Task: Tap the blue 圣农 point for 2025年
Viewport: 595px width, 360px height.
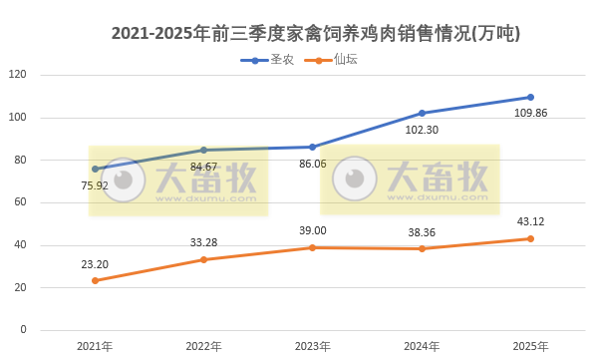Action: tap(530, 97)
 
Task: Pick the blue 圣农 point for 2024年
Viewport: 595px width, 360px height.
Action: tap(422, 113)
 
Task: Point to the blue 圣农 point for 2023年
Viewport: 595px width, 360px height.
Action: tap(313, 147)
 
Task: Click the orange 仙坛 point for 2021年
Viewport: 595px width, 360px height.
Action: tap(95, 280)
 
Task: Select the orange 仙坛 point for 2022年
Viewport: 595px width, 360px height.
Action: tap(203, 259)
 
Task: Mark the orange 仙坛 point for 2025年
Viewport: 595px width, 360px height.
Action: tap(530, 238)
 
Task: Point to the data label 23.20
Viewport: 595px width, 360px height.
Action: tap(95, 263)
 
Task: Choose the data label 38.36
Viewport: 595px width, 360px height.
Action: tap(422, 230)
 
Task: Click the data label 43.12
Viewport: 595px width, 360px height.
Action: tap(530, 221)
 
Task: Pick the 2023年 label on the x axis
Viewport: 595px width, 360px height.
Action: tap(313, 346)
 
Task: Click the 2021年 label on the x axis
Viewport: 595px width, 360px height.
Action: tap(95, 346)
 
